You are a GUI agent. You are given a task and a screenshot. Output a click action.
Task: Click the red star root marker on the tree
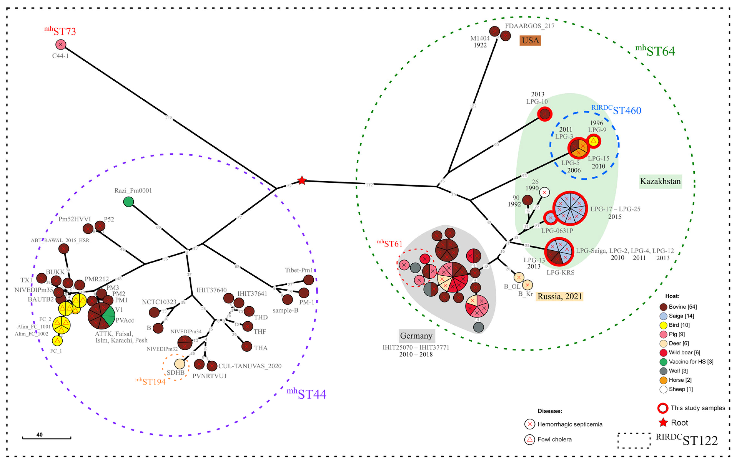point(302,180)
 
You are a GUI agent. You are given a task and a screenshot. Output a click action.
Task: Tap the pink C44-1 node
point(61,45)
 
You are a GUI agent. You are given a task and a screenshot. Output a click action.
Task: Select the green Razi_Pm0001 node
point(128,202)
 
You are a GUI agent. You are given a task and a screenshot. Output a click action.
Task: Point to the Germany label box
point(416,336)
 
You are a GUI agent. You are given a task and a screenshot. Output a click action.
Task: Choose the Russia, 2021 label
point(559,296)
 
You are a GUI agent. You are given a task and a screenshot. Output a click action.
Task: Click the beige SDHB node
point(180,364)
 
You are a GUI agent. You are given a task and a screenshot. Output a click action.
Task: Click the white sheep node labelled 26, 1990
point(544,192)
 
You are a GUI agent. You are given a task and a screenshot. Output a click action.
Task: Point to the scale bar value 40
point(39,435)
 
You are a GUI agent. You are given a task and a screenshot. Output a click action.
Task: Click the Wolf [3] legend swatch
point(663,371)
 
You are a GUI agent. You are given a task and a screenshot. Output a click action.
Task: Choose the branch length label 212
point(169,118)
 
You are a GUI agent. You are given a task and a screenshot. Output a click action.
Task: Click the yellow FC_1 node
point(57,341)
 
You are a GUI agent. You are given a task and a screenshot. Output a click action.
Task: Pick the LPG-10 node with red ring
point(545,114)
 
